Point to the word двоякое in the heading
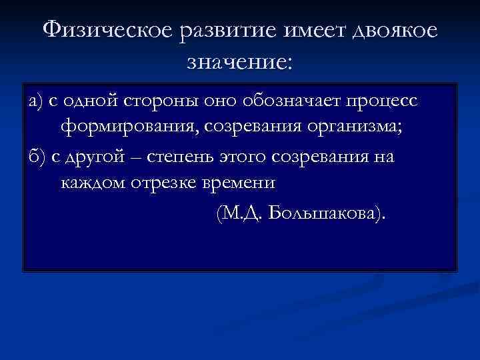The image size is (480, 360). tap(397, 31)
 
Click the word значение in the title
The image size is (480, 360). tap(238, 63)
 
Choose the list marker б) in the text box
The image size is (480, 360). tap(35, 157)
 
